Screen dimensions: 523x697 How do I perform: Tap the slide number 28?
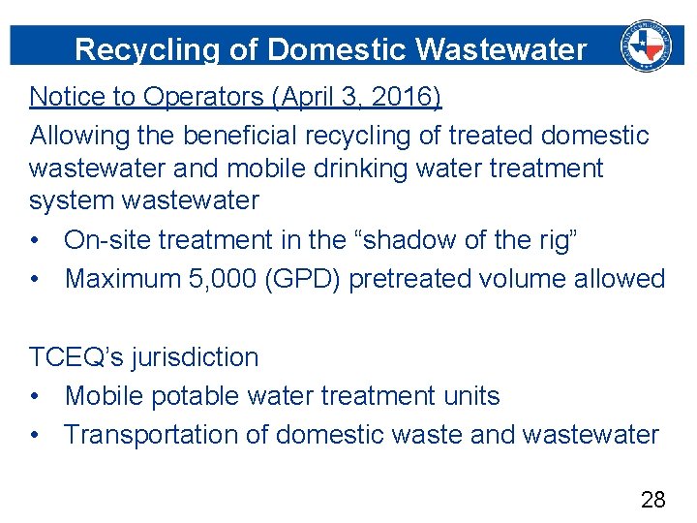click(x=653, y=500)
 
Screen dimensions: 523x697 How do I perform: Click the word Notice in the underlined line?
click(x=63, y=97)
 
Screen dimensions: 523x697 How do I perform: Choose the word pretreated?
click(x=415, y=279)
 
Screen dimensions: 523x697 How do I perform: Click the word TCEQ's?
click(x=74, y=357)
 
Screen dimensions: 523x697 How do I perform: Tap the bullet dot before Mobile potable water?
click(x=36, y=397)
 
